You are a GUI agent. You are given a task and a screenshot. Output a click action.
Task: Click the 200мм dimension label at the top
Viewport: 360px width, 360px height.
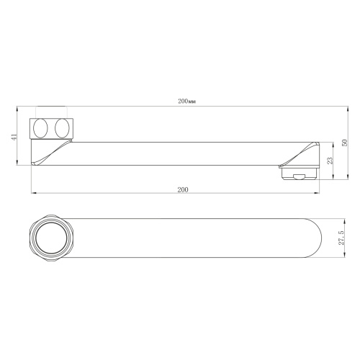tap(186, 102)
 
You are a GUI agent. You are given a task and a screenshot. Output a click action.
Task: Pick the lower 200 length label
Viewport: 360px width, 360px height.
tap(182, 189)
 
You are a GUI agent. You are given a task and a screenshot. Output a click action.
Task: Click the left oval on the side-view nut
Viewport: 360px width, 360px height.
tap(42, 129)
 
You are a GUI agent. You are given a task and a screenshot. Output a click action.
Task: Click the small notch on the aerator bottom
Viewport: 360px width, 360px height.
tap(297, 178)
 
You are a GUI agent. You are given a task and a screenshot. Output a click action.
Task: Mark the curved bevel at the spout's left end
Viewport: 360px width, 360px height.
tap(50, 153)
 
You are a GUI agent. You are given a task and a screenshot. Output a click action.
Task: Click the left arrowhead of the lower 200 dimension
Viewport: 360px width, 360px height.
tap(33, 193)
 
